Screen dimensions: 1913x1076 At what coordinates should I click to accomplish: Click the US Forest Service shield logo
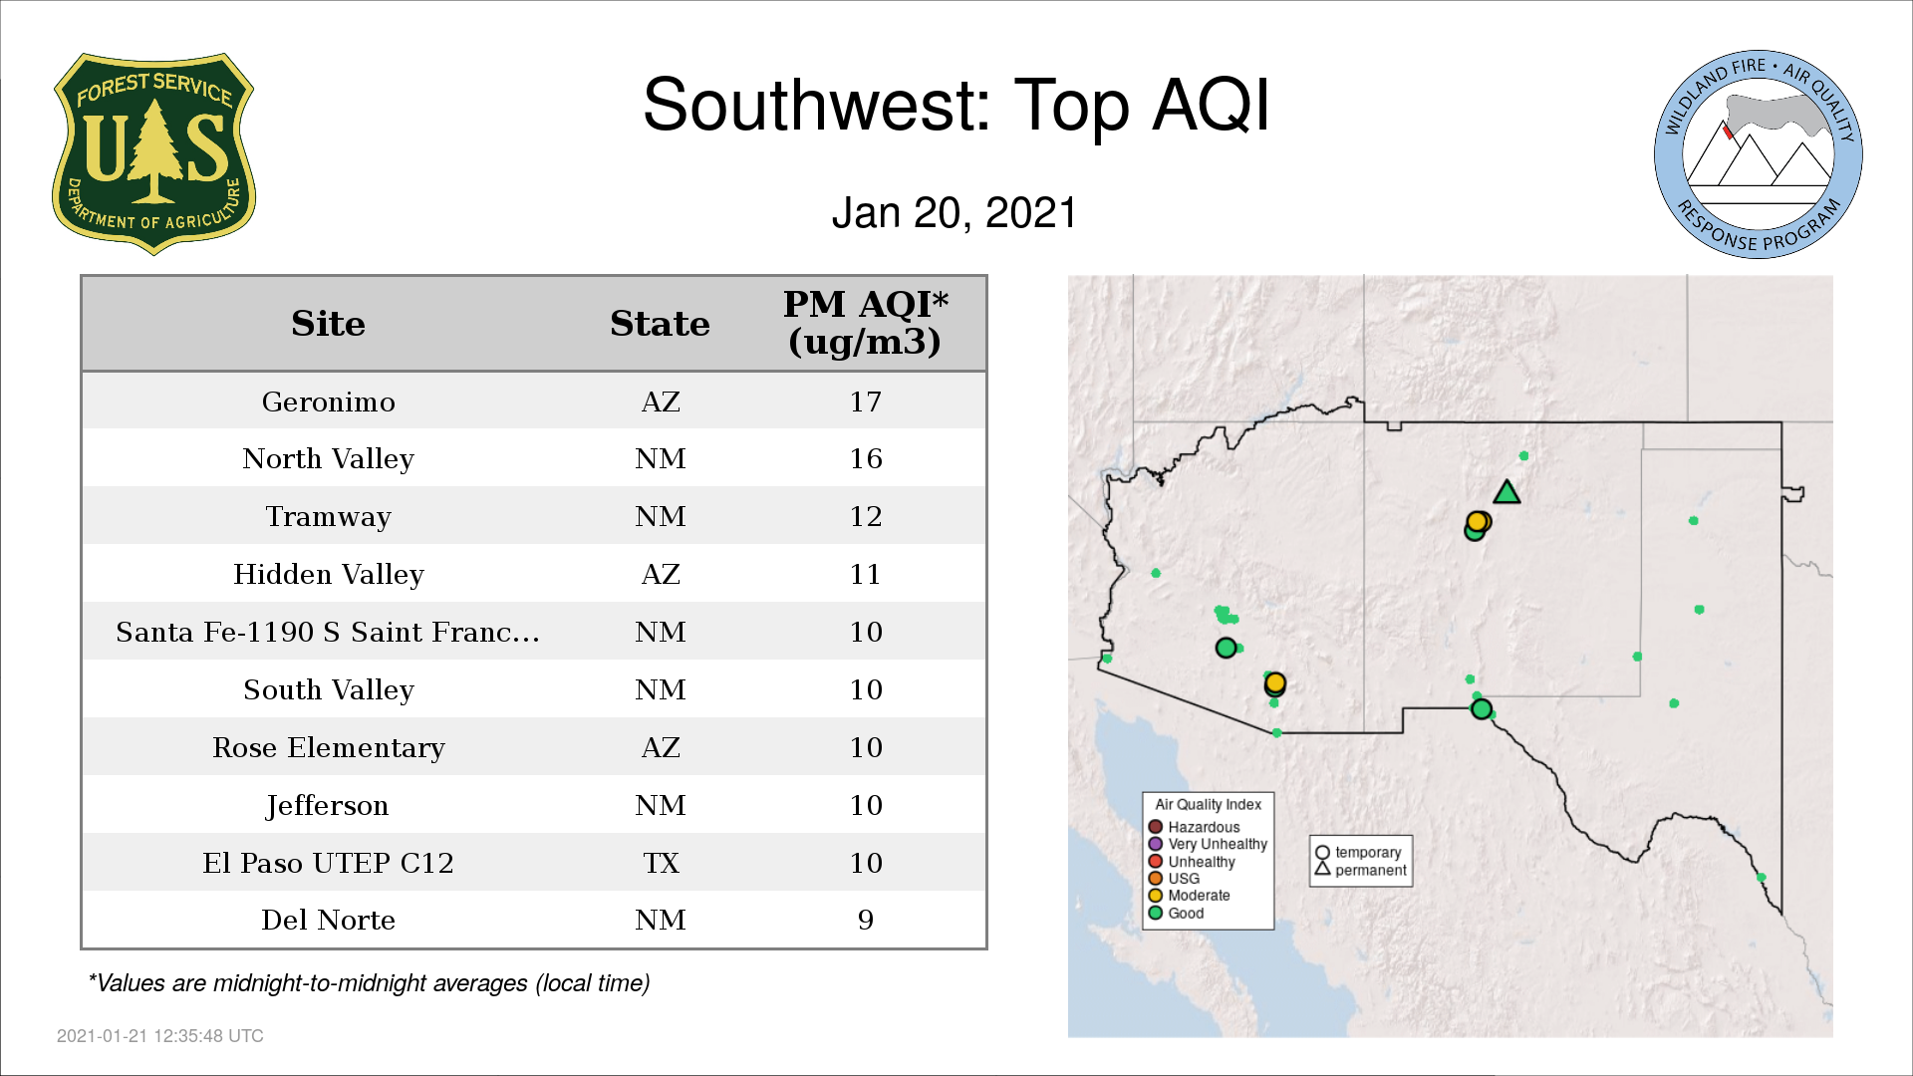coord(153,154)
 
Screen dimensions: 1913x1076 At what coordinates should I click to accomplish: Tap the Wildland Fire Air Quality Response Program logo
coord(1758,154)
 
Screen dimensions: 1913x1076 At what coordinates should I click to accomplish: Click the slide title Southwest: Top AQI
coord(956,105)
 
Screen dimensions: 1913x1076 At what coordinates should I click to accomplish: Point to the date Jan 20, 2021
coord(955,212)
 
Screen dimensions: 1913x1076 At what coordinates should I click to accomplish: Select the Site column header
coord(328,324)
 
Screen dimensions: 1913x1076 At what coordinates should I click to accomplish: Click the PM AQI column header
coord(865,323)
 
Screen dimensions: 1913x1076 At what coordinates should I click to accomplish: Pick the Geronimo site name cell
coord(328,402)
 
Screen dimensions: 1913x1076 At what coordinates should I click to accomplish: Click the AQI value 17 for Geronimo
coord(865,402)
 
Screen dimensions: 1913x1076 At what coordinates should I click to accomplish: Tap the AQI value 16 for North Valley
coord(865,458)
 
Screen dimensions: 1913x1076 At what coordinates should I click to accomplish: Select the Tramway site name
coord(328,517)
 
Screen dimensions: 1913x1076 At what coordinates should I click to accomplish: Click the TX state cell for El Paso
coord(661,863)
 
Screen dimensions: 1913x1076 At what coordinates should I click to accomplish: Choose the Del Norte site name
coord(328,920)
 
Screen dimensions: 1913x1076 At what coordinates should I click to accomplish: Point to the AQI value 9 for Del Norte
coord(865,920)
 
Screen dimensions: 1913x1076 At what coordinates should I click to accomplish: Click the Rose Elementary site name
coord(328,747)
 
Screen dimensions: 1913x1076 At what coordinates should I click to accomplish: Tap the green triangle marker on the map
coord(1506,492)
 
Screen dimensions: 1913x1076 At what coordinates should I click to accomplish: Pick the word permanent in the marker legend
coord(1371,870)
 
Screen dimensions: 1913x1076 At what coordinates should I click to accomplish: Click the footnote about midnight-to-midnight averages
coord(369,983)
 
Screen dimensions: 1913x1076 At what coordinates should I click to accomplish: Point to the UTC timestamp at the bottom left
coord(160,1036)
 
